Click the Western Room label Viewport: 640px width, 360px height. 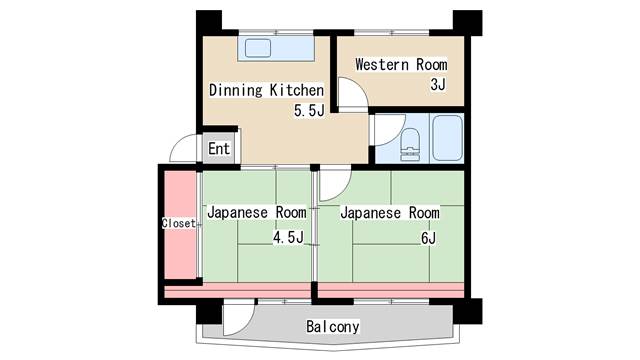pos(401,64)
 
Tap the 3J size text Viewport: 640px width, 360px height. pos(438,84)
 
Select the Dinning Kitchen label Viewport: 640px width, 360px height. pos(266,90)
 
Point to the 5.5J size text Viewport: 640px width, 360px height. pos(309,110)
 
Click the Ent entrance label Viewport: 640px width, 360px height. pos(219,149)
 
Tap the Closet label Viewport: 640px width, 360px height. pos(179,223)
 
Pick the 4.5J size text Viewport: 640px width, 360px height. pos(288,237)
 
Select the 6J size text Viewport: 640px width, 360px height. pos(428,238)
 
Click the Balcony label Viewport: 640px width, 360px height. pos(333,326)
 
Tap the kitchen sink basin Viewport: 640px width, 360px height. pos(258,48)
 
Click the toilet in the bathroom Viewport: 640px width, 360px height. pos(410,144)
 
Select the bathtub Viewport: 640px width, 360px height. pos(447,138)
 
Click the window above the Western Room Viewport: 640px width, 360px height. pos(391,33)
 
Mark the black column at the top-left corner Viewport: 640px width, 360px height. pos(209,22)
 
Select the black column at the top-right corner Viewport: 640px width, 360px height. pos(468,23)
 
